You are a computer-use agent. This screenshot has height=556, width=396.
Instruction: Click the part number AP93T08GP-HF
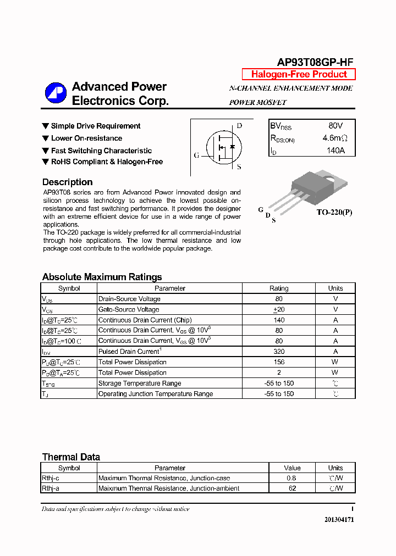(x=315, y=63)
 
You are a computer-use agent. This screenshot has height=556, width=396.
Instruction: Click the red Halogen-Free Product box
(x=299, y=74)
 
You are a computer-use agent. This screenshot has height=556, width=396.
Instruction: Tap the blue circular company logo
(x=56, y=93)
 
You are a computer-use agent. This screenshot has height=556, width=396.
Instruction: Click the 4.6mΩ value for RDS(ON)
(x=334, y=138)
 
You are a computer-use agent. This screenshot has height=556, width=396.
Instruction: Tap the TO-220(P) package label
(x=334, y=212)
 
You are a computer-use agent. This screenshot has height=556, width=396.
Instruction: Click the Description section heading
(x=67, y=182)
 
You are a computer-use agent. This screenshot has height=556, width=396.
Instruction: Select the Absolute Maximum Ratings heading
(x=102, y=277)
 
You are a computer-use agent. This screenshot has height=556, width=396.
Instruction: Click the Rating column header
(x=279, y=288)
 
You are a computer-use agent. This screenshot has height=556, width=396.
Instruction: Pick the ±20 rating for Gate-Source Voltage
(x=279, y=309)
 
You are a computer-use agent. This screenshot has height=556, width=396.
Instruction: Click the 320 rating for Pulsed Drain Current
(x=279, y=352)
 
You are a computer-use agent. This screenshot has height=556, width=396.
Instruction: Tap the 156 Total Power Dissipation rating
(x=279, y=362)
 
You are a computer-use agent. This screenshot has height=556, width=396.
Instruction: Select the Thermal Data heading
(x=71, y=457)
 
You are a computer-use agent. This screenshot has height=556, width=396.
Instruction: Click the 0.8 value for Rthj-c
(x=291, y=478)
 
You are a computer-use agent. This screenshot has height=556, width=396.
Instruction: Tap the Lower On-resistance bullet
(x=86, y=138)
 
